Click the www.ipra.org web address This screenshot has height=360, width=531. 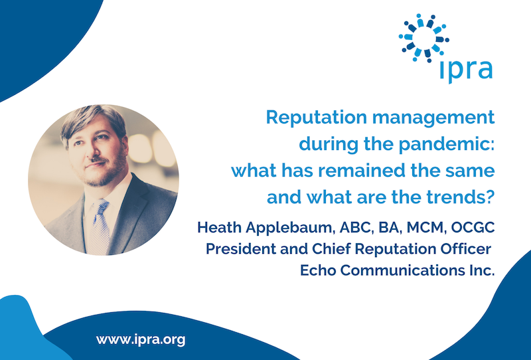(x=141, y=339)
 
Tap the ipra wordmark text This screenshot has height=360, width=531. (x=467, y=70)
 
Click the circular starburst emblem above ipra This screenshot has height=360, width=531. (x=424, y=38)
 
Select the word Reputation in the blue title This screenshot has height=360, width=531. (x=317, y=118)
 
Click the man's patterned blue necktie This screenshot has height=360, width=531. (x=98, y=227)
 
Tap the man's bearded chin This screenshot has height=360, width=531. (x=99, y=179)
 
